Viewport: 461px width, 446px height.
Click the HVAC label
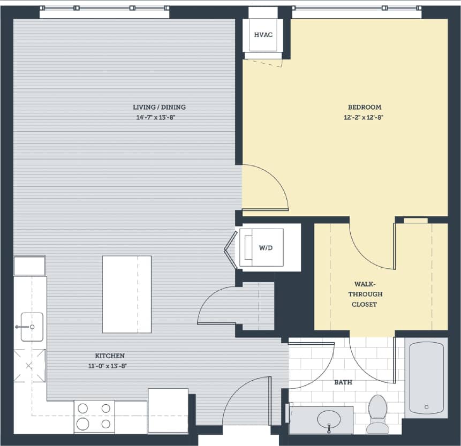click(263, 35)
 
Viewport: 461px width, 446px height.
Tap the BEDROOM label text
click(364, 107)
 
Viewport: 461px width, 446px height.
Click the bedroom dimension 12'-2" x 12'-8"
click(364, 117)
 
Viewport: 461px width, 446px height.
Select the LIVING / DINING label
click(159, 107)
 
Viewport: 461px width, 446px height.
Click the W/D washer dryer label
click(266, 248)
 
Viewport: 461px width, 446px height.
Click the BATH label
click(343, 382)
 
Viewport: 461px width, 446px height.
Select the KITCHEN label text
click(110, 356)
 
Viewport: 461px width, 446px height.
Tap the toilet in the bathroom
click(378, 413)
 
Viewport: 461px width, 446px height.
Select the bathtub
click(426, 377)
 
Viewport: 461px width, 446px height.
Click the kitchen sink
click(32, 327)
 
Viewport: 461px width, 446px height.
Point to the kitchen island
click(126, 294)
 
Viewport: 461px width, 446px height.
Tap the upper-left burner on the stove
click(83, 409)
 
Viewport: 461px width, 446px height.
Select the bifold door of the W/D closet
click(231, 250)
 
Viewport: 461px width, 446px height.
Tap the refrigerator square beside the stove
click(168, 410)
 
